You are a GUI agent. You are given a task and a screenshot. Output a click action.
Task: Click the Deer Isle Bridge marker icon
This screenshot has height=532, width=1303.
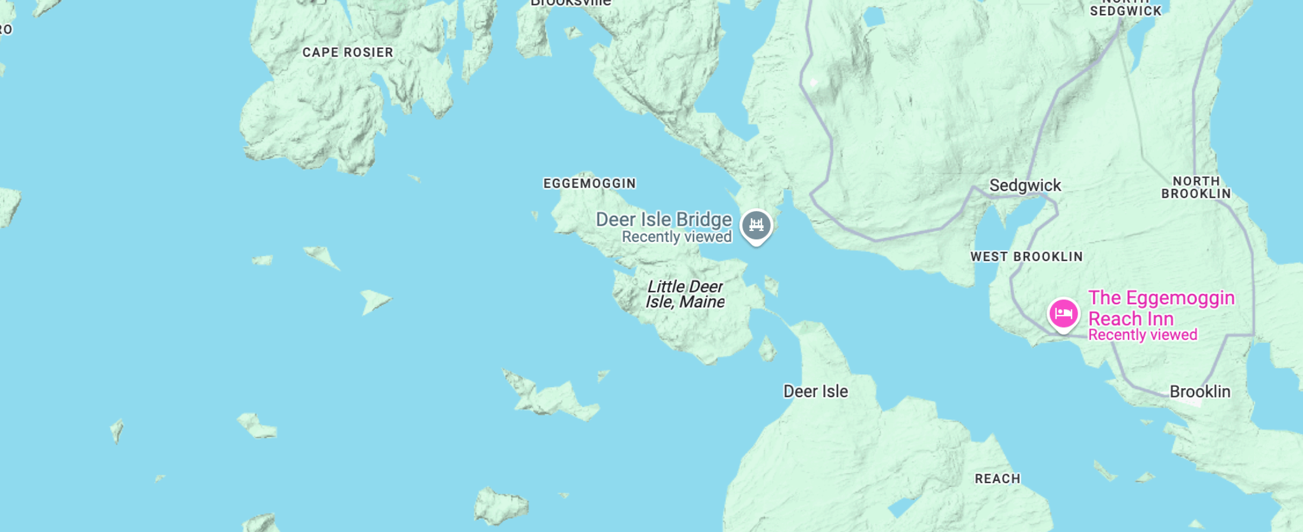click(x=756, y=225)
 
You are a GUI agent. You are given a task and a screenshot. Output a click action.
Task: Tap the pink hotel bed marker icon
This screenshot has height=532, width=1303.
click(x=1063, y=314)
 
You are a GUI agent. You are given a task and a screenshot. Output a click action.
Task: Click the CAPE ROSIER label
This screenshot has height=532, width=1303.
click(x=347, y=53)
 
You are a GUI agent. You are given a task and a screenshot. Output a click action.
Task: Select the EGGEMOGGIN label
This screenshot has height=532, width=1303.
click(x=589, y=184)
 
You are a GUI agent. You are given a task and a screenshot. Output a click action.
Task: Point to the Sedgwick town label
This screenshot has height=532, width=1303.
click(x=1025, y=186)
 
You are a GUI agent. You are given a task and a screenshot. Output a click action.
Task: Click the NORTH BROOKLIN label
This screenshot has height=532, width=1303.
click(x=1196, y=188)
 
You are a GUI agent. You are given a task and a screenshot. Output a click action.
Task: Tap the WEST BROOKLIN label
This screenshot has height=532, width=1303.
click(x=1026, y=257)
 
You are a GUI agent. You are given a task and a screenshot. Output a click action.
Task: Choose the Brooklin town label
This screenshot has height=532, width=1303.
click(x=1200, y=392)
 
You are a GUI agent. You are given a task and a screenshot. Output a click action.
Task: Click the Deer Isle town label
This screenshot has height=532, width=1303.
click(x=815, y=392)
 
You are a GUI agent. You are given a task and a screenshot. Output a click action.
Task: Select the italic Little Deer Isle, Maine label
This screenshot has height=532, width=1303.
click(x=685, y=295)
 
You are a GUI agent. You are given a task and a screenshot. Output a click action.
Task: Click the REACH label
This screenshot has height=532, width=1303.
click(x=997, y=479)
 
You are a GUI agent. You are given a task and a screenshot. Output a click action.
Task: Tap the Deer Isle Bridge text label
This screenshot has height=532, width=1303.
click(x=664, y=220)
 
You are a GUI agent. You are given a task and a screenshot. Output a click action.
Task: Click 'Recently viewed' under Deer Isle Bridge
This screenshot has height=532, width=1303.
click(x=676, y=237)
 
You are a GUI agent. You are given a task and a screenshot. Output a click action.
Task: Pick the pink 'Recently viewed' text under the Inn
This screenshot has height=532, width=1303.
click(x=1143, y=335)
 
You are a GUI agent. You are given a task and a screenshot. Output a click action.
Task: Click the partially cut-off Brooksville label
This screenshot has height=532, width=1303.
click(x=571, y=3)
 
